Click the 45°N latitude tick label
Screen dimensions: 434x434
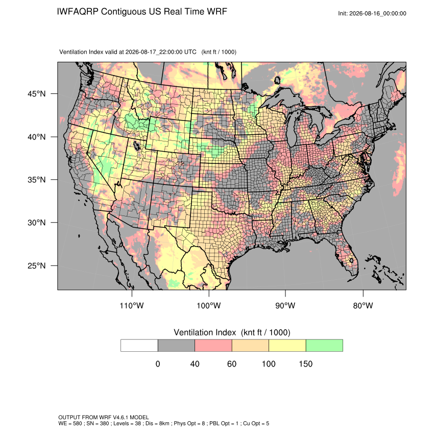(x=36, y=94)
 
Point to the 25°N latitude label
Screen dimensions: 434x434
(x=36, y=266)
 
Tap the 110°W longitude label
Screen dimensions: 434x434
(x=132, y=305)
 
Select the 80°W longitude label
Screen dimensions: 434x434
(x=363, y=305)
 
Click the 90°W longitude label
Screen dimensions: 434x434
(x=285, y=305)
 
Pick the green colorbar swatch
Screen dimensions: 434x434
(x=324, y=346)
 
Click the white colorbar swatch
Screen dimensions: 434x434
(x=139, y=346)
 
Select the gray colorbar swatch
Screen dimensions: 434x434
(x=176, y=346)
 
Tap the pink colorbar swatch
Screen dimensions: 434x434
(x=213, y=346)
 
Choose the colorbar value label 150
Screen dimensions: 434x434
(x=305, y=364)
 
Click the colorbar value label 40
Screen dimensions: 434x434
(x=195, y=364)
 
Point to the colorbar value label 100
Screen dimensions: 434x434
(x=269, y=364)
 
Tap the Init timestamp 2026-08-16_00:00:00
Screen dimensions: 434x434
(x=378, y=14)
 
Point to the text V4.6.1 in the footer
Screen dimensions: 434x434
(x=120, y=417)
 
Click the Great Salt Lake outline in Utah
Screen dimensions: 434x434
(x=137, y=146)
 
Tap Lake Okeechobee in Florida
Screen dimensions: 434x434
(x=351, y=260)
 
